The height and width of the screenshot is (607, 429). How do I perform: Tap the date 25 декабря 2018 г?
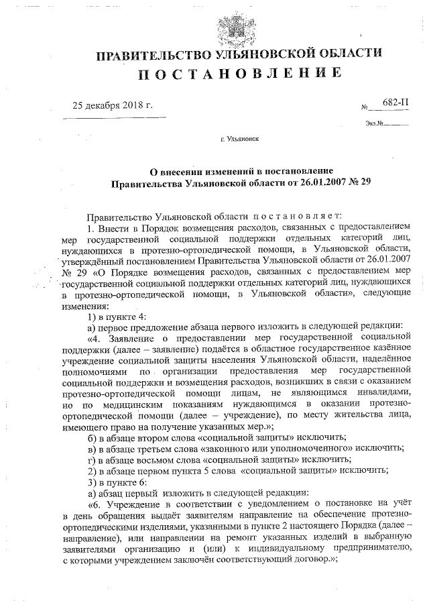point(113,106)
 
